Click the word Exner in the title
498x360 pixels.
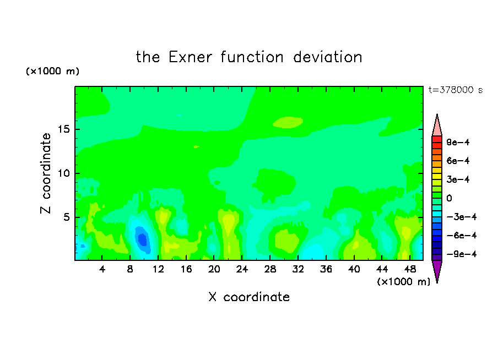190,57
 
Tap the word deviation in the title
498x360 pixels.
327,57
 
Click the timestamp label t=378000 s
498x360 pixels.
456,90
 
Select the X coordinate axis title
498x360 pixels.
249,297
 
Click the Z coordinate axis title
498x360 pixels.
46,173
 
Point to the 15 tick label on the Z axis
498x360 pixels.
64,129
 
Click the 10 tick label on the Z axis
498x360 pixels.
64,173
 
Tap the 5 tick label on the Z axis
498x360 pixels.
67,217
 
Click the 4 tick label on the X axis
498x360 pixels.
102,269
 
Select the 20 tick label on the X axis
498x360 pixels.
214,269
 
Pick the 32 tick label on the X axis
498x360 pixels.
298,269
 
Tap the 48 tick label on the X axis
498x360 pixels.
410,269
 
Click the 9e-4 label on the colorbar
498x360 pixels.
458,142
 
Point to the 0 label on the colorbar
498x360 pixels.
449,198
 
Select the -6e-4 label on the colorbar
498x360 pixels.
462,236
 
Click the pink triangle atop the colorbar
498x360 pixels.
437,126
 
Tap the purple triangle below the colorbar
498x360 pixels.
437,270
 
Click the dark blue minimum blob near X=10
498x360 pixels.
142,239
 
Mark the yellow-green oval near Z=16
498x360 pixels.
288,122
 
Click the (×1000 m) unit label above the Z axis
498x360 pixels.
52,71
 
